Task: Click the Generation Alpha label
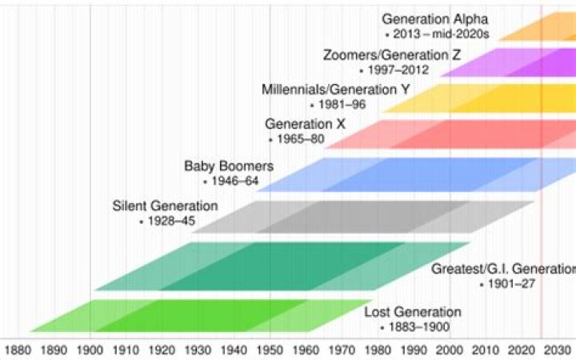434,19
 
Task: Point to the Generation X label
299,124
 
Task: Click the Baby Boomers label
229,166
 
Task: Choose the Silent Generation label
166,206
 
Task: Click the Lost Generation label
413,312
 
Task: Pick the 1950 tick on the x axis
270,349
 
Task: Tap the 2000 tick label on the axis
450,349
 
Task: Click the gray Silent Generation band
360,216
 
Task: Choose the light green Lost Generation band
176,315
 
